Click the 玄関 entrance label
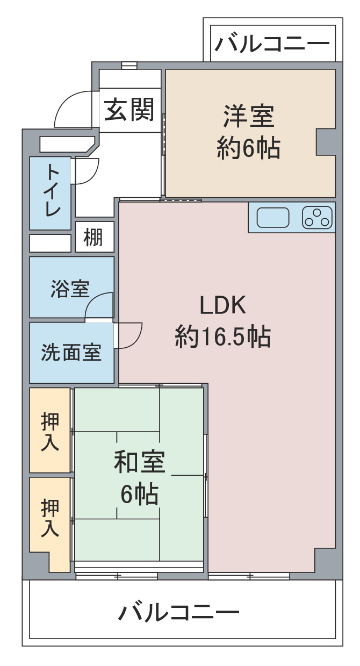[129, 110]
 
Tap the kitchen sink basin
[272, 217]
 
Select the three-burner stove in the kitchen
[317, 217]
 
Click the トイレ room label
[52, 191]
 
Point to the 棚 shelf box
[95, 237]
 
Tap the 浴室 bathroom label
[70, 289]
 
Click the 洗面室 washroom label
[71, 352]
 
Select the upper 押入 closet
[50, 430]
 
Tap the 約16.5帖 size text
[222, 337]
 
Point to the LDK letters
[222, 305]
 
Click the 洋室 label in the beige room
[249, 117]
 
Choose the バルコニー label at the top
[272, 44]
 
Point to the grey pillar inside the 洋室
[326, 142]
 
